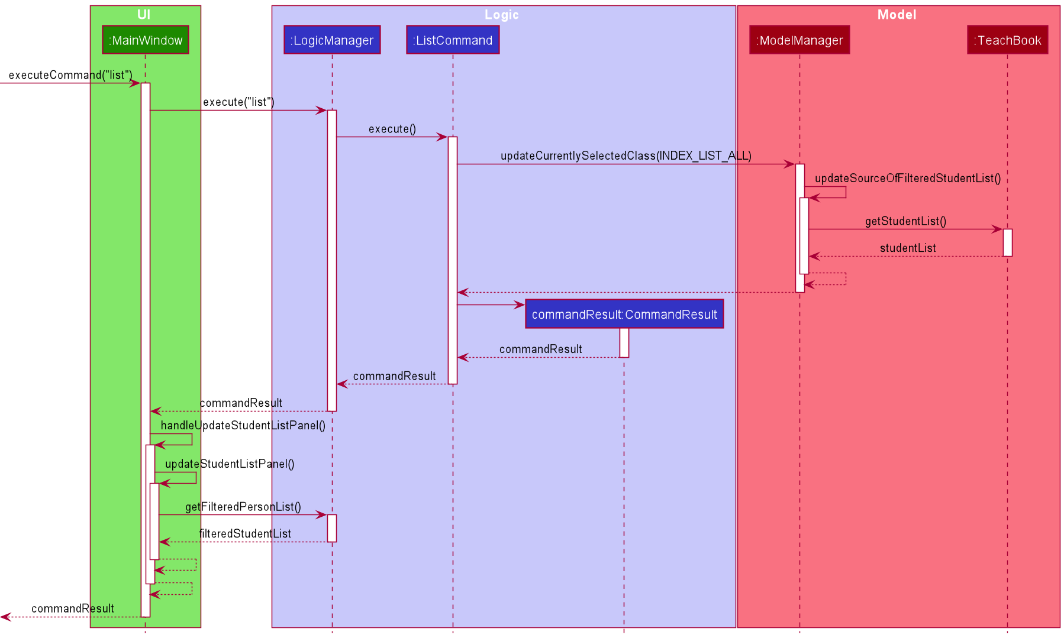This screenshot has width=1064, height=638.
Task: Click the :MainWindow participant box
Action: pyautogui.click(x=145, y=40)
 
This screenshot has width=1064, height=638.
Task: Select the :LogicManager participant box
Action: pyautogui.click(x=331, y=40)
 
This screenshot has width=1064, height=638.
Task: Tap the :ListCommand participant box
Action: pyautogui.click(x=453, y=40)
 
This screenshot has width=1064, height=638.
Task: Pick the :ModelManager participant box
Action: pyautogui.click(x=799, y=40)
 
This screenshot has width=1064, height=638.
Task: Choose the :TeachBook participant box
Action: pyautogui.click(x=1007, y=40)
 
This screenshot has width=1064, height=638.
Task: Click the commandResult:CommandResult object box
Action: pyautogui.click(x=624, y=315)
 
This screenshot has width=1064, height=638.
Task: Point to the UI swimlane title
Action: pyautogui.click(x=144, y=15)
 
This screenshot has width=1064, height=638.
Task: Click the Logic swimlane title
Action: pyautogui.click(x=502, y=15)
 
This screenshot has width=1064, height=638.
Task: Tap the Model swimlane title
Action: pyautogui.click(x=897, y=15)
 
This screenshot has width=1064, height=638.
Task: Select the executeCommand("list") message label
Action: pyautogui.click(x=70, y=75)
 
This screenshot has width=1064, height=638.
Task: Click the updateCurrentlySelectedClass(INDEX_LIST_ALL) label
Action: pyautogui.click(x=626, y=156)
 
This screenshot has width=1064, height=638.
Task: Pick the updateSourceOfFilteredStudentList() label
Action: pyautogui.click(x=908, y=178)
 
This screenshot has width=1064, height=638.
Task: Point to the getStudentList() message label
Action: pyautogui.click(x=905, y=221)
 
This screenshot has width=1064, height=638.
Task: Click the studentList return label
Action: pyautogui.click(x=908, y=248)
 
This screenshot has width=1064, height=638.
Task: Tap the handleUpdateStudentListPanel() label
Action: pyautogui.click(x=243, y=425)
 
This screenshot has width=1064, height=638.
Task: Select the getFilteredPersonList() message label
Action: pyautogui.click(x=243, y=507)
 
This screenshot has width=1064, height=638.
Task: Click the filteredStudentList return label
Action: pyautogui.click(x=245, y=534)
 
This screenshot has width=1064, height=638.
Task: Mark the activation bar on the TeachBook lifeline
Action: pyautogui.click(x=1007, y=242)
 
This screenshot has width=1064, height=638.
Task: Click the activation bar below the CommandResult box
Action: pyautogui.click(x=624, y=343)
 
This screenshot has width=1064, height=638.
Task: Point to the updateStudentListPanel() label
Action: pyautogui.click(x=230, y=464)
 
